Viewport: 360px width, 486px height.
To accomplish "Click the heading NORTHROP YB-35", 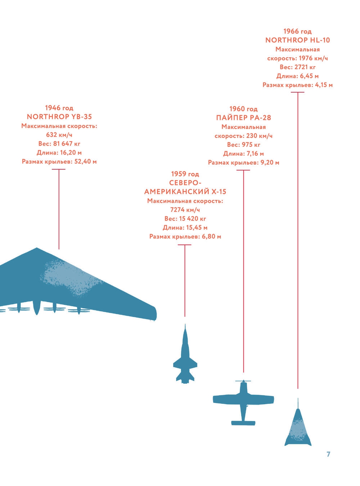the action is click(59, 117).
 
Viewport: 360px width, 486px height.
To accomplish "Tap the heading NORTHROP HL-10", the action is click(298, 40).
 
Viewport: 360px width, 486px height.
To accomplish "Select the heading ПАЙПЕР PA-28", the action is click(243, 118).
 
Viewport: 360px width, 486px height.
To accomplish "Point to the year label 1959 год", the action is click(185, 174).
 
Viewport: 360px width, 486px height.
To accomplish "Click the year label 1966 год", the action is click(298, 31).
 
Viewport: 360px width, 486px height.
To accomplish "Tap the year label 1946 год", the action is click(59, 108).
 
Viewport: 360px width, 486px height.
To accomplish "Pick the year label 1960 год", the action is click(243, 109).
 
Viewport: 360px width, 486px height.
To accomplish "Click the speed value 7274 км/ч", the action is click(185, 210).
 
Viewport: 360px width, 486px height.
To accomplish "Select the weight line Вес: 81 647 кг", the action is click(59, 144).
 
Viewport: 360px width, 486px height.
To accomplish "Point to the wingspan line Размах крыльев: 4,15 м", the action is click(298, 85).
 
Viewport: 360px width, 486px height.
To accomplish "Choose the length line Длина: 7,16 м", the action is click(243, 154).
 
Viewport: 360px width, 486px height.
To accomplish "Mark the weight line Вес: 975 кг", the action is click(243, 145).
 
